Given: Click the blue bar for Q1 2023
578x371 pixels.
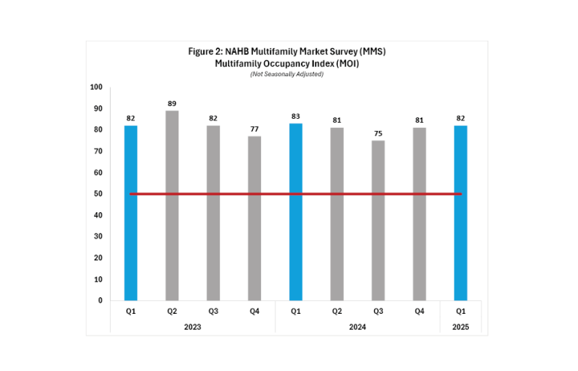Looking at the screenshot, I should pos(131,212).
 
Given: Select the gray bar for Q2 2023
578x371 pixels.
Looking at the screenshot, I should pos(172,205).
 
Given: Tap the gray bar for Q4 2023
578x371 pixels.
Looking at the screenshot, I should pos(254,217).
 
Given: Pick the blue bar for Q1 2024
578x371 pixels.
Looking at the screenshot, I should pos(296,211).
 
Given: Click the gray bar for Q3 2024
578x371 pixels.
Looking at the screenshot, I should pos(378,220).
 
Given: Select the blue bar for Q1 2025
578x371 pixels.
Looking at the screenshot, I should pos(460,212).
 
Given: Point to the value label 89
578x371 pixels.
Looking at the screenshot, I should pos(172,103).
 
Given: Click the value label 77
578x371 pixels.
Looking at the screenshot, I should pos(254,129).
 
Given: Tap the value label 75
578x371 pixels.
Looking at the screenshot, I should pos(378,133).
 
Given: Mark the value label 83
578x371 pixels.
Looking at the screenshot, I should pos(296,116).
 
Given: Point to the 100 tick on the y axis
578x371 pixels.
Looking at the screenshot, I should pos(96,87).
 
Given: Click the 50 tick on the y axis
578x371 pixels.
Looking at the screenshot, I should pos(98,194).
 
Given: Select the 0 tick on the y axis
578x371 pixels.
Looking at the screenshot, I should pos(100,301).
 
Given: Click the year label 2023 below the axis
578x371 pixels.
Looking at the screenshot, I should pos(193,327).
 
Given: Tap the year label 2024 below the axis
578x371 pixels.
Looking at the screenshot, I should pos(357,327).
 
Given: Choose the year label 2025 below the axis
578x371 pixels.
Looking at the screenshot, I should pos(460,327).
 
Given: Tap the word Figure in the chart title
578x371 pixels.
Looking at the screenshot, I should pos(202,50).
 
